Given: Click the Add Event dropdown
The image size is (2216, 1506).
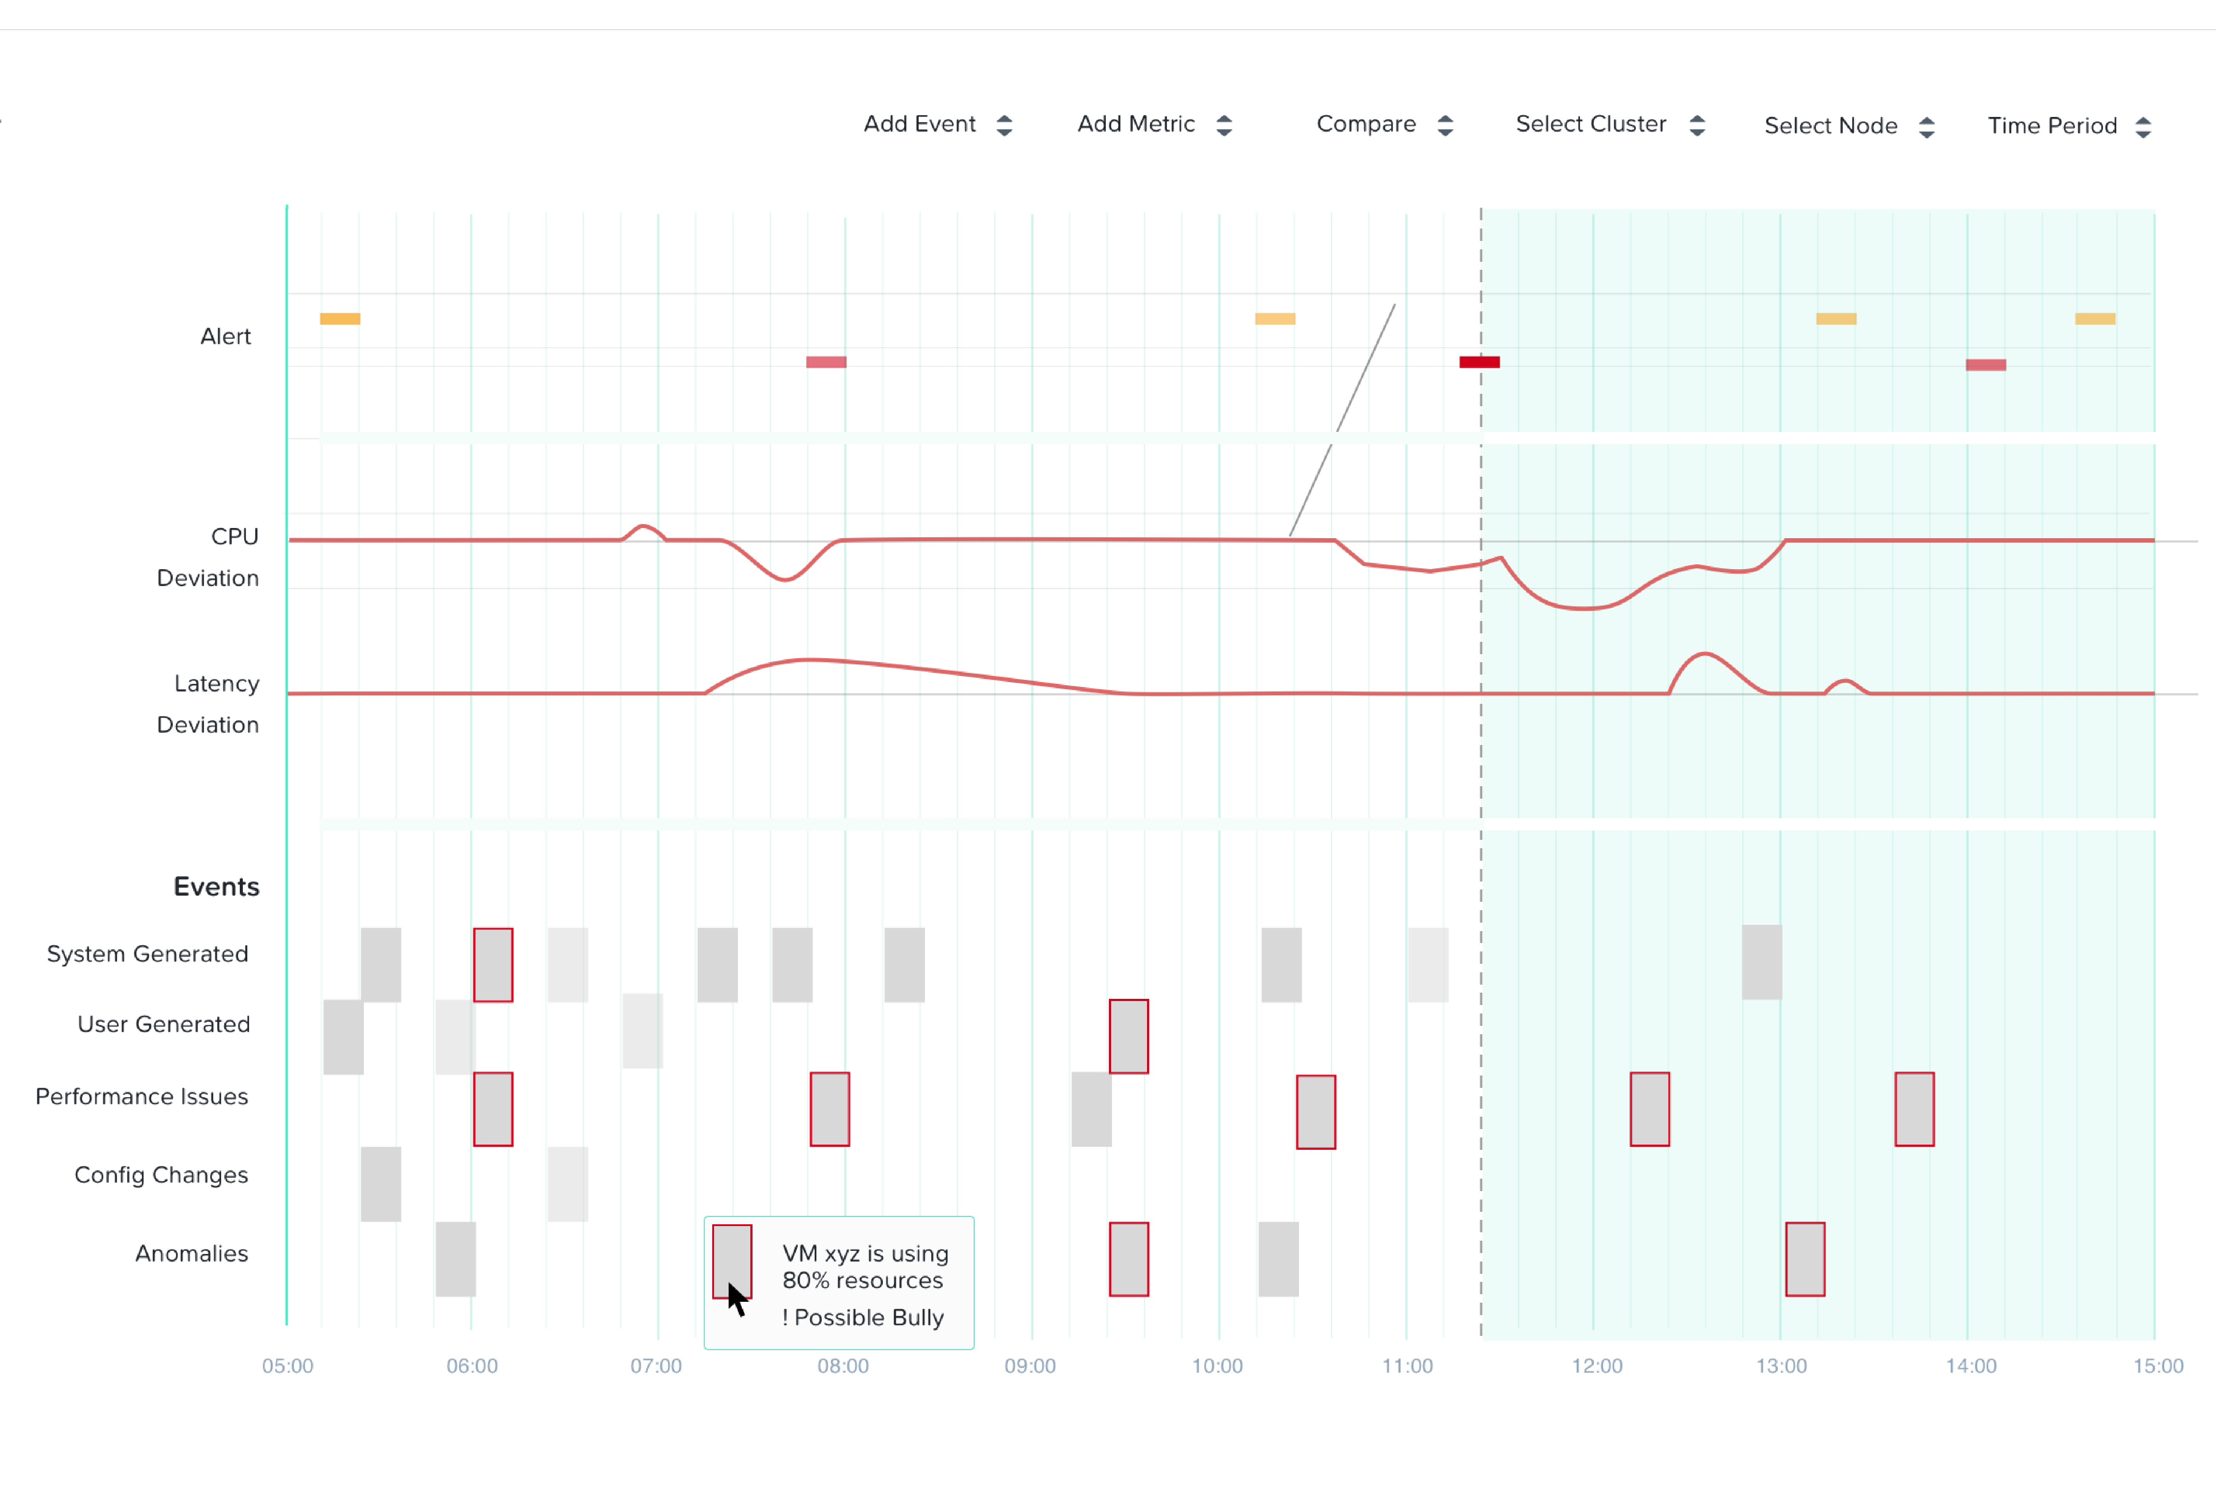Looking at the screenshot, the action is pos(937,124).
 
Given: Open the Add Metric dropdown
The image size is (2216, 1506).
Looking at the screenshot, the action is pos(1155,124).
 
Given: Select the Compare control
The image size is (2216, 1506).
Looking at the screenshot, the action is pos(1385,124).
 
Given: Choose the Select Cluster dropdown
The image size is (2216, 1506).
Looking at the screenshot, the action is pos(1610,124).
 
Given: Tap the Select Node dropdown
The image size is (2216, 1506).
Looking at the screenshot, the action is pos(1849,126).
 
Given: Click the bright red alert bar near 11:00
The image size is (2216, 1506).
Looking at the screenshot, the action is pos(1479,362).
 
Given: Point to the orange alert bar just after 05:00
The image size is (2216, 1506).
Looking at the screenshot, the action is pos(339,318).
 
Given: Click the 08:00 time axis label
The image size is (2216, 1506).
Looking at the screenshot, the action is pos(843,1366).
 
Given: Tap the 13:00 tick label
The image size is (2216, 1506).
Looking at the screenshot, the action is pos(1781,1366).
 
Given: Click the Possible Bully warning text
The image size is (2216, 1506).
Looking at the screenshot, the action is pos(863,1317).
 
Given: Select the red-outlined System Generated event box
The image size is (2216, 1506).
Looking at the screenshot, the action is pos(493,965).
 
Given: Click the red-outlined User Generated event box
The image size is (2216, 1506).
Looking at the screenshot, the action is pos(1129,1036).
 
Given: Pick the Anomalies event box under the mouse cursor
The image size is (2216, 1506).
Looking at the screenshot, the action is pos(732,1261).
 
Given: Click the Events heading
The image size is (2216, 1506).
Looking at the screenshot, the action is pos(216,886).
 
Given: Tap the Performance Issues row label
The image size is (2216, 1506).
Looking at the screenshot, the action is pos(142,1096).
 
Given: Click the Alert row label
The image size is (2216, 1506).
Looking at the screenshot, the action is pos(226,337).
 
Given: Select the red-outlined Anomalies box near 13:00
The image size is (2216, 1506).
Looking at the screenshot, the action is pos(1805,1259).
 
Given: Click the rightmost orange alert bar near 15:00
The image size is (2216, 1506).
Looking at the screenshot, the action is pos(2095,318).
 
